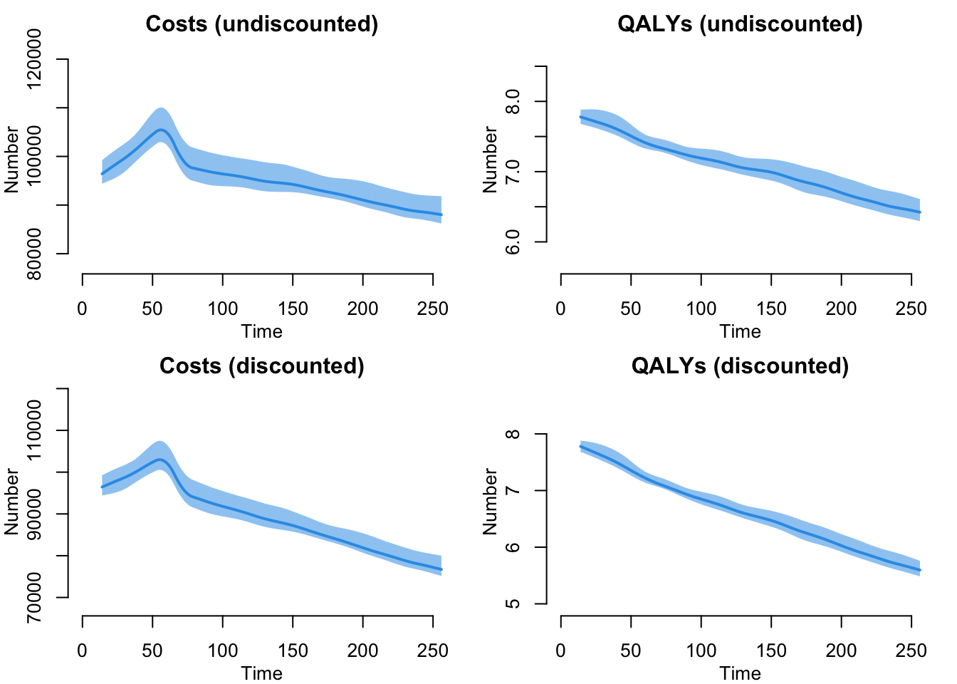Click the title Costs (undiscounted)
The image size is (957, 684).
261,24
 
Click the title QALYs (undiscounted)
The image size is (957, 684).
740,24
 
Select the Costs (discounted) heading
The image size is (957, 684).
261,366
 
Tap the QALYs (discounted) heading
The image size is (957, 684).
740,366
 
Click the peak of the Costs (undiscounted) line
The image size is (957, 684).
161,130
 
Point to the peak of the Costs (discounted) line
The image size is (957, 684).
160,460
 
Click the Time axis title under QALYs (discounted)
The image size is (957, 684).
740,673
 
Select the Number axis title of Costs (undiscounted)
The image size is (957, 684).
12,160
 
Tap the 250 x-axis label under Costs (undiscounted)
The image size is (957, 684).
432,309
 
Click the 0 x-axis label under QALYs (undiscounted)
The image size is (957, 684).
561,309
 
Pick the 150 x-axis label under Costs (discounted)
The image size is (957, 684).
293,651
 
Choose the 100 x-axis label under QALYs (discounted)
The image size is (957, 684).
701,651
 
